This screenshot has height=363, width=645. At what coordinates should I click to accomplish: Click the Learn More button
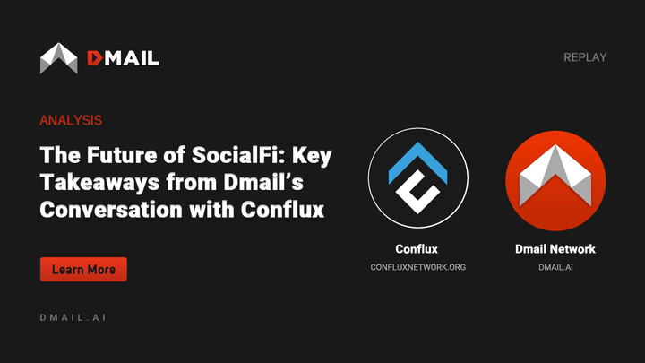tap(83, 269)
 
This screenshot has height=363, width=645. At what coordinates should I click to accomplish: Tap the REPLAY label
tap(585, 57)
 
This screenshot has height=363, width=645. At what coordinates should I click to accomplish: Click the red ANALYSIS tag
tap(71, 119)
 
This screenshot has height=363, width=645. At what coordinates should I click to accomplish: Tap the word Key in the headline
tap(313, 155)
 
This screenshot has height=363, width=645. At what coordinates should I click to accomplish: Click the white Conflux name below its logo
tap(417, 248)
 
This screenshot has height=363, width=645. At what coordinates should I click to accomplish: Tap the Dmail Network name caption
tap(555, 248)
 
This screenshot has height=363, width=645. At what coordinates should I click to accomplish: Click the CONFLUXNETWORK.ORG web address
tap(417, 267)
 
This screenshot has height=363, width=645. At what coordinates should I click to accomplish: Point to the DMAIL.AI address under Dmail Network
tap(555, 267)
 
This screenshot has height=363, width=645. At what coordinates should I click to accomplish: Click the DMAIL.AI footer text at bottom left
tap(74, 318)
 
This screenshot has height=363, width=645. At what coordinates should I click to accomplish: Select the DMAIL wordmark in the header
tap(123, 58)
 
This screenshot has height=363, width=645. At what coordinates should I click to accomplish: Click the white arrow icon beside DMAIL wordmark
tap(59, 58)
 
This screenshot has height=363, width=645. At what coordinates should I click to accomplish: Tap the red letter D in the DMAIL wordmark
tap(95, 58)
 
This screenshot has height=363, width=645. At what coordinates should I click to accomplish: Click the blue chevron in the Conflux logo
tap(417, 155)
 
